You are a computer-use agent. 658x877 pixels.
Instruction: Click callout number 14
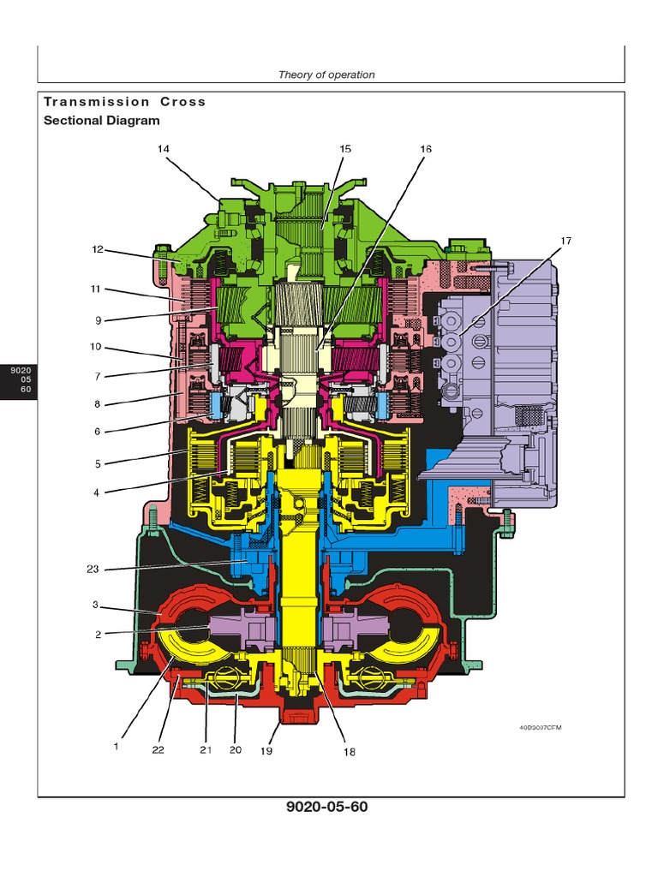click(163, 149)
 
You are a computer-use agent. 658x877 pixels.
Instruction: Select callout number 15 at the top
click(344, 149)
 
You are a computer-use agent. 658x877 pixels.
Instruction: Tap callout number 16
click(425, 149)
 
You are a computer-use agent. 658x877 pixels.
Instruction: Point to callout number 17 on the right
click(565, 241)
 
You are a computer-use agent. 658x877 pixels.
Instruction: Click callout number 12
click(98, 250)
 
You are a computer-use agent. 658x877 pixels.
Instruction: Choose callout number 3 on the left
click(98, 605)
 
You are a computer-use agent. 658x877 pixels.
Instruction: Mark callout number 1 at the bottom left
click(116, 745)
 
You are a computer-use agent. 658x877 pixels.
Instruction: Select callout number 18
click(349, 752)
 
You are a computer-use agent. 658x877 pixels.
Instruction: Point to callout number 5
click(98, 463)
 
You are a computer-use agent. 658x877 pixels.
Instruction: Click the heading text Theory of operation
click(326, 75)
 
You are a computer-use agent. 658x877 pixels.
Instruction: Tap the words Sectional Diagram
click(101, 121)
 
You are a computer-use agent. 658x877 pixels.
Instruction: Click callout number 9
click(98, 321)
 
